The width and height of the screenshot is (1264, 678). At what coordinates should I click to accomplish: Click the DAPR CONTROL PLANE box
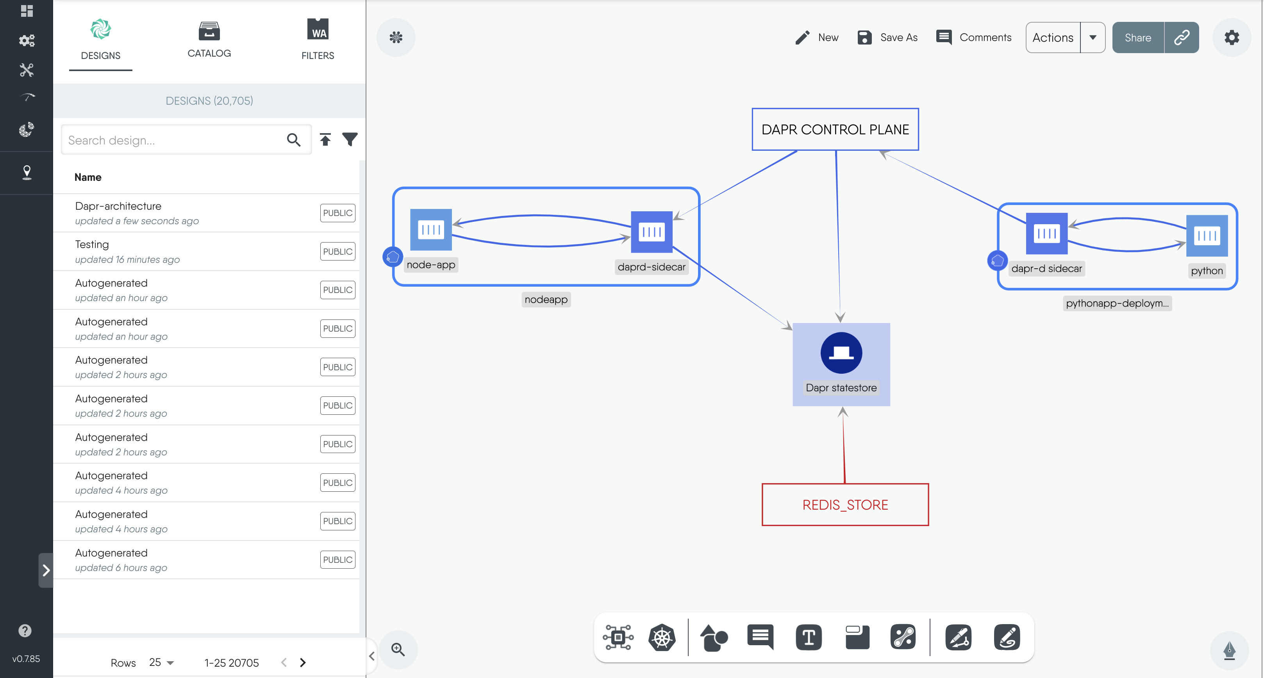coord(835,130)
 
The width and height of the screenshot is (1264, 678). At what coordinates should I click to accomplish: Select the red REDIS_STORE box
coord(844,505)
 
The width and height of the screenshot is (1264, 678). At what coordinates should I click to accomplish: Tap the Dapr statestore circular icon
coord(841,353)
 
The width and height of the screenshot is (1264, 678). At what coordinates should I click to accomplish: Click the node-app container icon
coord(430,230)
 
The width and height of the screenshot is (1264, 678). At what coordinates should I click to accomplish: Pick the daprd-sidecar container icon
coord(651,232)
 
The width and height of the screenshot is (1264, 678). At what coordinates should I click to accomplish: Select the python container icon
coord(1206,236)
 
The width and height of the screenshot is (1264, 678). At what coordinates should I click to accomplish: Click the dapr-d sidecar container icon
coord(1046,234)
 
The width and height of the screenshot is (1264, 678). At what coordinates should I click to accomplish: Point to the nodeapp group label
coord(546,299)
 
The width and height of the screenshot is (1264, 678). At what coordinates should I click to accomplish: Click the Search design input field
coord(174,140)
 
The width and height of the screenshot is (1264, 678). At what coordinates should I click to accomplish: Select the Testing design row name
coord(92,244)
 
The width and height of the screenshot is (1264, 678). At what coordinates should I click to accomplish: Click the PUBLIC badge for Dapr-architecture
coord(337,213)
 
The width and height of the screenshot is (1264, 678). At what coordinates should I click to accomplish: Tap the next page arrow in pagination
coord(303,662)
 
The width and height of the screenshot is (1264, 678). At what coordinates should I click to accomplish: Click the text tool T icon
coord(808,638)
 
